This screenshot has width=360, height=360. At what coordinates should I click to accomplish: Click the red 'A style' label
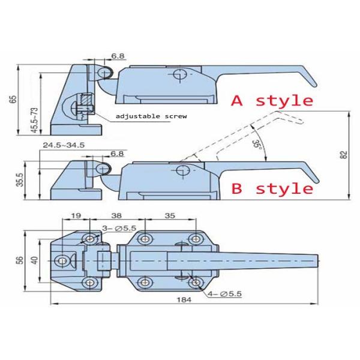coord(272,100)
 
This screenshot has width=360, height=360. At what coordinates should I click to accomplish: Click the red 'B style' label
coord(272,189)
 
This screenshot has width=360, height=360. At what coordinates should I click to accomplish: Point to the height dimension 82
coord(343,155)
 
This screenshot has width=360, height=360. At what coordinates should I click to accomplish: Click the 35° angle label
coord(257,144)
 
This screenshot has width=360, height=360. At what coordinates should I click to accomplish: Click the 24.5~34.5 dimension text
coord(64,145)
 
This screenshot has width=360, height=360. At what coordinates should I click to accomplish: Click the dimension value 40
coord(34,260)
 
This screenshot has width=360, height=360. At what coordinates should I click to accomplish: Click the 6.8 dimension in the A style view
coord(118,56)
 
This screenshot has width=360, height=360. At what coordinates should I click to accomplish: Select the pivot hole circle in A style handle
coord(178,74)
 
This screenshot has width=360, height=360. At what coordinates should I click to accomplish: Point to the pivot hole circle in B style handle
coord(182,170)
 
